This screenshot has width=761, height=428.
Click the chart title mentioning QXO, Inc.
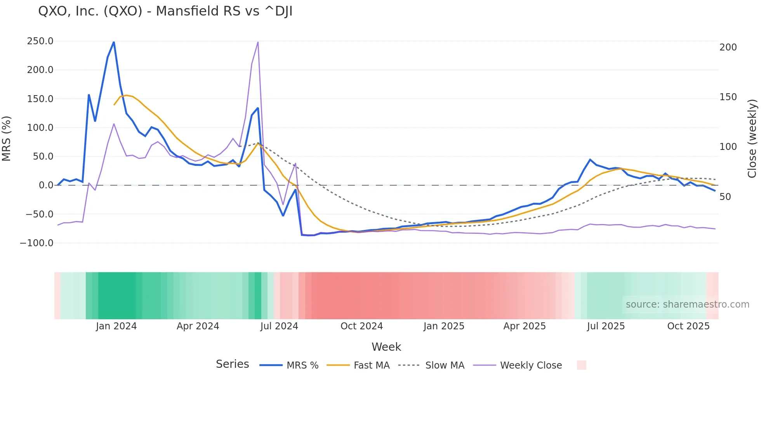[165, 11]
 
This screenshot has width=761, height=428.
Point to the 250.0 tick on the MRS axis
[40, 41]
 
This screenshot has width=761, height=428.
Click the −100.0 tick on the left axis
[36, 243]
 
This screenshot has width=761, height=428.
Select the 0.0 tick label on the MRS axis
[46, 185]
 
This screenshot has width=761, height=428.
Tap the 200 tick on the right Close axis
[728, 47]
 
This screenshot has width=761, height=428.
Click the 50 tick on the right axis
[725, 197]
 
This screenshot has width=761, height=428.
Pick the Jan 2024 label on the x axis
[116, 326]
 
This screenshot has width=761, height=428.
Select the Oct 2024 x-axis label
[361, 326]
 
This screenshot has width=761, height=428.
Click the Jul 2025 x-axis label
[606, 326]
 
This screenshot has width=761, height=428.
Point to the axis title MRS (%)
[7, 139]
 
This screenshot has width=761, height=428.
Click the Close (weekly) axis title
[752, 139]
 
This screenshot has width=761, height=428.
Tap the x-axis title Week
[386, 347]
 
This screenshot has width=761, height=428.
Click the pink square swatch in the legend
[581, 365]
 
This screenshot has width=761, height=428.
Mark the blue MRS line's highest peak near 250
[114, 42]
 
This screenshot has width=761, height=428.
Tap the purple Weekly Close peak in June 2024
[258, 42]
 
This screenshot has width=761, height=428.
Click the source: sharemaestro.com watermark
[687, 304]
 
